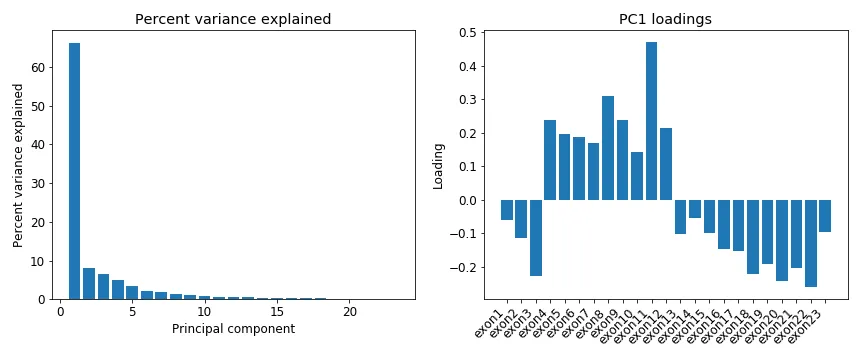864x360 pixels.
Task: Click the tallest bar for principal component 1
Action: coord(74,171)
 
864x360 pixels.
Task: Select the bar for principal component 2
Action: coord(89,284)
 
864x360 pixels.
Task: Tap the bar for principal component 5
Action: coord(132,292)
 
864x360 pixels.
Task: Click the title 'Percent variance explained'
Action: coord(233,19)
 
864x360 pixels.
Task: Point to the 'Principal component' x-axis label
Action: coord(233,329)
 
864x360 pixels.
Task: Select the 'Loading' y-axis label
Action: coord(438,165)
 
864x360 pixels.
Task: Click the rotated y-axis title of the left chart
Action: coord(18,165)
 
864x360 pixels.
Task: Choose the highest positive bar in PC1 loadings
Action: coord(651,121)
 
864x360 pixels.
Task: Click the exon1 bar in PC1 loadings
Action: coord(507,210)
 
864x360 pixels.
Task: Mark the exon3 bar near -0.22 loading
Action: coord(536,238)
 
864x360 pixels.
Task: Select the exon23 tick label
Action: coord(806,326)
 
